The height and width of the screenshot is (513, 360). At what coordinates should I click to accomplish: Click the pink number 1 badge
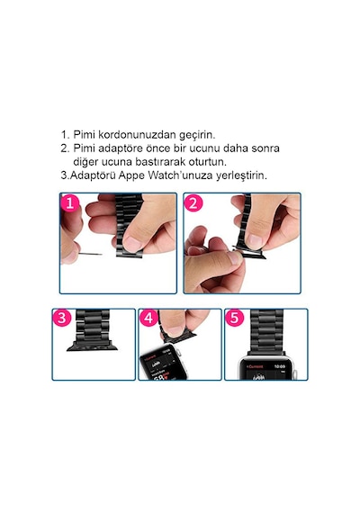click(69, 203)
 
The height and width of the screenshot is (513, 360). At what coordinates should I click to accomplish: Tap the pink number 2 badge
click(193, 203)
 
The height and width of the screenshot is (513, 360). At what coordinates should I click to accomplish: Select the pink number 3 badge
click(61, 318)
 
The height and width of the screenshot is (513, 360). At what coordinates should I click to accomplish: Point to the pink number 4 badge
click(148, 318)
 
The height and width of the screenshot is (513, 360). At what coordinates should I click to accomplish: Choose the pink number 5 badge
click(234, 318)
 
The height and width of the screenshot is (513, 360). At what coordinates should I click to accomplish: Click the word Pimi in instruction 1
click(84, 134)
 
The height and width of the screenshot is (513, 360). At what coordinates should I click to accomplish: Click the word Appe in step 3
click(131, 176)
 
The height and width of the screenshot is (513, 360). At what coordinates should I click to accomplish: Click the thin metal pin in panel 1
click(91, 254)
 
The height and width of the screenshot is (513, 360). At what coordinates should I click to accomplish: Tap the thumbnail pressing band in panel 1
click(133, 243)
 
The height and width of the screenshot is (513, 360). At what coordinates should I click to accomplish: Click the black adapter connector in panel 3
click(92, 346)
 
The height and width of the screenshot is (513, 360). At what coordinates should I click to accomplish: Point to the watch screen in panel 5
click(265, 371)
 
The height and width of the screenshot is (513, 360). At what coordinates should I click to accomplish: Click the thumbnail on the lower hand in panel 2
click(236, 258)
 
